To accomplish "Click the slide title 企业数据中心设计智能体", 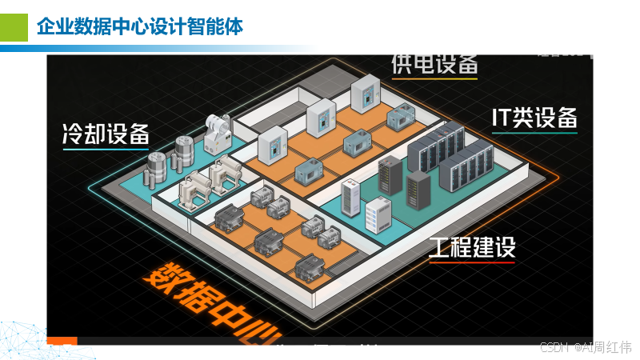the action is coord(140,26).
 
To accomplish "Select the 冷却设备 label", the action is coord(106,134).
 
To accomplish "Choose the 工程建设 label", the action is coord(472,247).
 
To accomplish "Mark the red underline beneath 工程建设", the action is coord(472,262).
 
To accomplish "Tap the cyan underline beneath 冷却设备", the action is coord(106,149).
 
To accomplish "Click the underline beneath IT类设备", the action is coord(534,133).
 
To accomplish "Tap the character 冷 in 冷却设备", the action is coord(74,134).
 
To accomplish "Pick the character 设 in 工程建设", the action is coord(505,247).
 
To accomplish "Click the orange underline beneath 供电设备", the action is coord(434,78).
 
